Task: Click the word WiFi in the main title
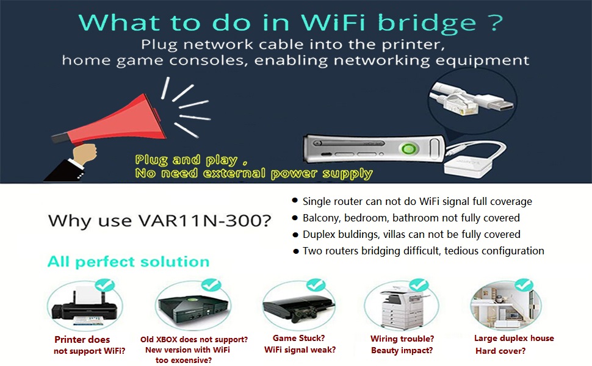click(x=333, y=22)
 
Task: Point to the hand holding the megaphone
click(x=84, y=154)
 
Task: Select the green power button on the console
click(x=408, y=148)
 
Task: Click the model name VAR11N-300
click(x=204, y=221)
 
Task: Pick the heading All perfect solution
click(x=128, y=262)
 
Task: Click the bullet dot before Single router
click(x=295, y=200)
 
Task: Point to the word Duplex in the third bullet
click(x=319, y=235)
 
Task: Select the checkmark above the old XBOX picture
click(x=211, y=285)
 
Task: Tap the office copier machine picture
click(x=400, y=306)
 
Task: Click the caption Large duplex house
click(x=514, y=339)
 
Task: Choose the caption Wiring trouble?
click(x=402, y=339)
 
